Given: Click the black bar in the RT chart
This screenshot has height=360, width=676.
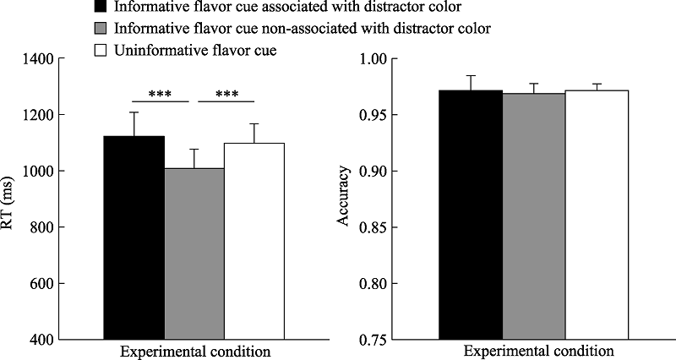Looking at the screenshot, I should point(134,237).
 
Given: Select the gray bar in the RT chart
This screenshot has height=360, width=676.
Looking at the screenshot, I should point(194,254).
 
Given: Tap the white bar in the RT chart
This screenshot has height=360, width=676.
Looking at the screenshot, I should point(254,241).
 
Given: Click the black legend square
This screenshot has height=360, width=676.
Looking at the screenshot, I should point(99,8).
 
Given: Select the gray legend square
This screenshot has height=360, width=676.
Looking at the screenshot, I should point(99,30).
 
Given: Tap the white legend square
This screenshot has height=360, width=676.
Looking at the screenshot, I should point(99,52).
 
